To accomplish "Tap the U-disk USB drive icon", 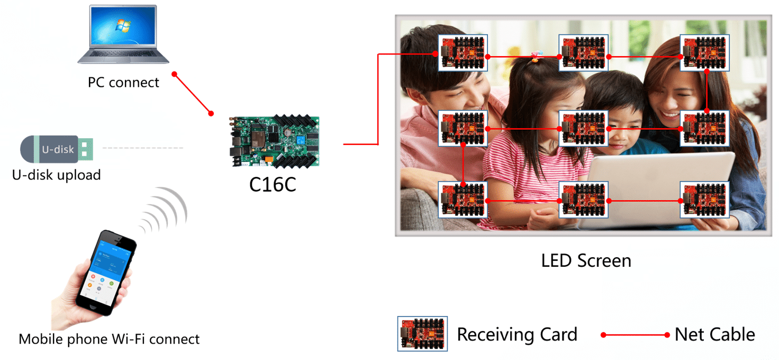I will (57, 149).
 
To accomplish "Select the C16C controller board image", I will (275, 141).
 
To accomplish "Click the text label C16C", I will (273, 184).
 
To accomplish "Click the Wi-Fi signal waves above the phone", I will (165, 210).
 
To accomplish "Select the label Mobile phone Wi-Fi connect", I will (109, 339).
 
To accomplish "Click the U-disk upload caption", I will (56, 175).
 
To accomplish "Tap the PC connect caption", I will (123, 83).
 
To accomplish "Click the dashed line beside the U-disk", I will (142, 148).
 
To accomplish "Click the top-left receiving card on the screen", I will (463, 53).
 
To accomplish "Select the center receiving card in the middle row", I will (583, 128).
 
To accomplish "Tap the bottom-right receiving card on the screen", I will (704, 200).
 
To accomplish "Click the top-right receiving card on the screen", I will (704, 53).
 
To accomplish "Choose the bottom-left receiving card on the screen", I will (463, 200).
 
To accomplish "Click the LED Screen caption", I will (586, 260).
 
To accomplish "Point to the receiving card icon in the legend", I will (422, 334).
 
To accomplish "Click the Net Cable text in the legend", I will (714, 335).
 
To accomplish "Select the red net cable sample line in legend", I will (636, 335).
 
